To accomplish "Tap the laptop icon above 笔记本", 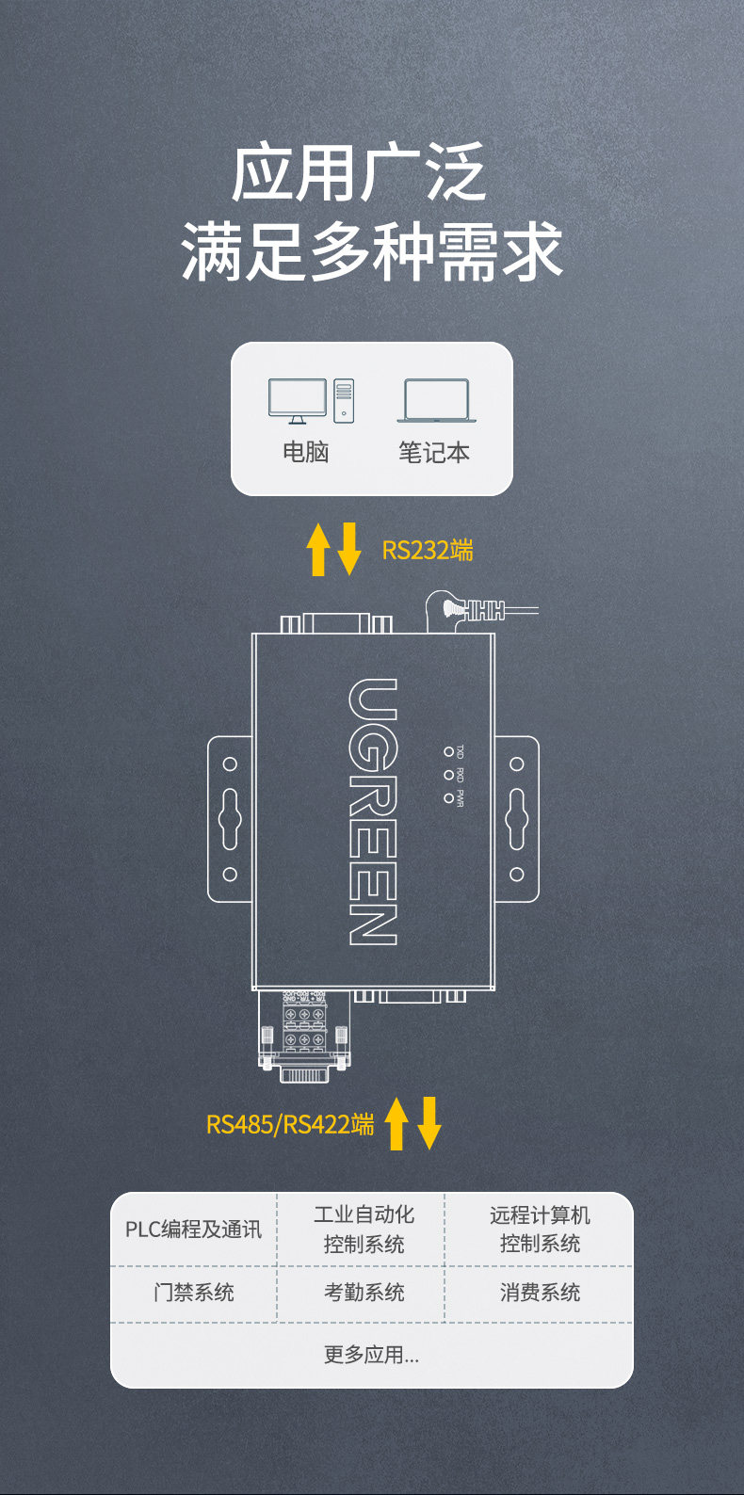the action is click(435, 401).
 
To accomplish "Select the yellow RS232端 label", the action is click(428, 550).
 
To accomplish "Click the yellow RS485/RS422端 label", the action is click(290, 1124).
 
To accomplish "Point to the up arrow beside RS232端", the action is click(318, 550).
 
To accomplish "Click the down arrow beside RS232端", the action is click(349, 550).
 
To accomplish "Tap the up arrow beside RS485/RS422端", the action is click(396, 1123).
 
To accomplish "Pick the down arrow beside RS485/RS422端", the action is click(429, 1123).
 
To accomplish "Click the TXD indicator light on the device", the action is click(448, 751).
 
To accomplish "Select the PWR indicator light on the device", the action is click(448, 798).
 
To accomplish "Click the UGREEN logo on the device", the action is click(372, 812).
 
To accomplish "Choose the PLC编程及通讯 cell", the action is click(193, 1230).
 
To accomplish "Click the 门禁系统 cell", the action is click(193, 1293).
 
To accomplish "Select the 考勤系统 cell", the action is click(364, 1293).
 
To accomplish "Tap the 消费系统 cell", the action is click(540, 1293).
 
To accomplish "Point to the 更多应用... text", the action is click(371, 1355).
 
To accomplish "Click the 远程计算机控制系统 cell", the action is click(540, 1230).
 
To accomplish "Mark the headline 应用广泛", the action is click(358, 173).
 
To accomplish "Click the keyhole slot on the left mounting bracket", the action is click(230, 819).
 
